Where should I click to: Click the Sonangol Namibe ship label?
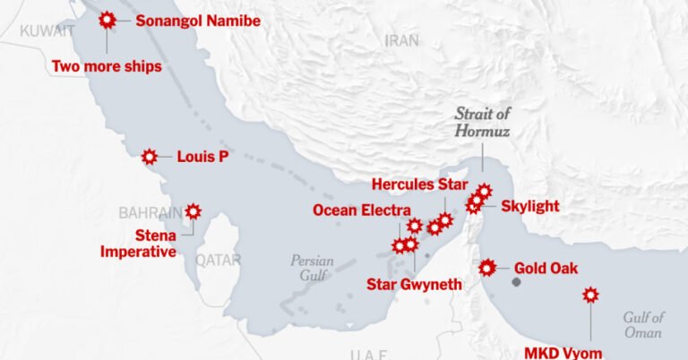point(197,21)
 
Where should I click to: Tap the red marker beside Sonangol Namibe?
point(107,19)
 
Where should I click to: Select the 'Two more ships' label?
point(107,66)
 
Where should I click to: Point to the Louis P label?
point(202,157)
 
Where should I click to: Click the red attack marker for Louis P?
point(150,157)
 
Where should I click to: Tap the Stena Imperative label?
point(137,244)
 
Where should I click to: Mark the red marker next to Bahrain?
point(193,212)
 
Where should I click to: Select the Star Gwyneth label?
point(415,285)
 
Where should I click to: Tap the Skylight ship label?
point(529,207)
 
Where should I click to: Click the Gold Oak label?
point(546,268)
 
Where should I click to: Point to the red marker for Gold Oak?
point(487,268)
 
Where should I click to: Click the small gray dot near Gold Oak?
point(516,282)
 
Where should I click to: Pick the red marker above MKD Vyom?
point(590,295)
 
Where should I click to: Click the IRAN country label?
point(401,40)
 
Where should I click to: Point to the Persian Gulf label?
point(312,268)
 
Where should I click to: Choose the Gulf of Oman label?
point(644,324)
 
